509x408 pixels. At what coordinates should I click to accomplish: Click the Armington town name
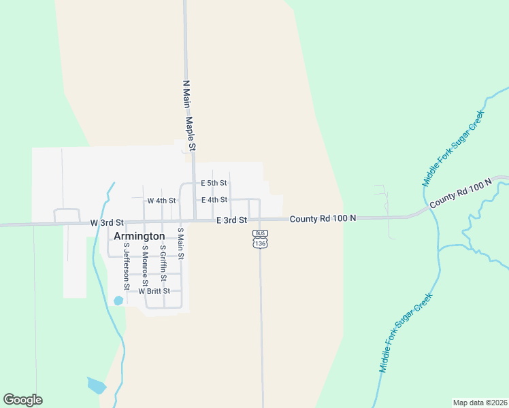pyautogui.click(x=139, y=236)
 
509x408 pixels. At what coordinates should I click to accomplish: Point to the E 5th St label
pyautogui.click(x=214, y=183)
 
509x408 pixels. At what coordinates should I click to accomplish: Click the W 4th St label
pyautogui.click(x=161, y=201)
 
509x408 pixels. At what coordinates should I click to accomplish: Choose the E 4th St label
pyautogui.click(x=214, y=200)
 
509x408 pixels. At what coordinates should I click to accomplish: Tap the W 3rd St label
pyautogui.click(x=107, y=222)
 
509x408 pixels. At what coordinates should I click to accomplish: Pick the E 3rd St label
pyautogui.click(x=231, y=220)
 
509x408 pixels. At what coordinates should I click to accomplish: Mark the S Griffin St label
pyautogui.click(x=163, y=263)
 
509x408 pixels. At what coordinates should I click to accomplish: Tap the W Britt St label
pyautogui.click(x=154, y=291)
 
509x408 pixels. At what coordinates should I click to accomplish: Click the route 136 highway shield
pyautogui.click(x=259, y=243)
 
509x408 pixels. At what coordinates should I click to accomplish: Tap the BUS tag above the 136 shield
pyautogui.click(x=259, y=233)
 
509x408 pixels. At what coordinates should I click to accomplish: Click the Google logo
pyautogui.click(x=22, y=400)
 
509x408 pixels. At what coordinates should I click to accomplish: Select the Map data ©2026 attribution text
pyautogui.click(x=480, y=403)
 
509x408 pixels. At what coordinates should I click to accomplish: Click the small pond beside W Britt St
pyautogui.click(x=118, y=300)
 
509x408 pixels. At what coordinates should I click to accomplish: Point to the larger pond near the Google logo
pyautogui.click(x=96, y=386)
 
